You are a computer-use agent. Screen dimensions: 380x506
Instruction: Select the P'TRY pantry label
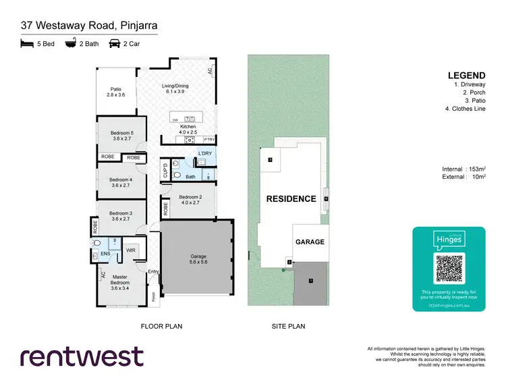[x=209, y=140]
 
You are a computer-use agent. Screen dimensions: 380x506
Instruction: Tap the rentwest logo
[x=82, y=356]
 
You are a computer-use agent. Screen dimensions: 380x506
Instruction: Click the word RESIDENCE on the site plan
[x=291, y=198]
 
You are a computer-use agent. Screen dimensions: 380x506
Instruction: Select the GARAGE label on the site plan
[x=310, y=242]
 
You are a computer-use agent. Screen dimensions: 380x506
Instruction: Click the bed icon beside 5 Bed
[x=26, y=43]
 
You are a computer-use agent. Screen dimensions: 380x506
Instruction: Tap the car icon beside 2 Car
[x=114, y=43]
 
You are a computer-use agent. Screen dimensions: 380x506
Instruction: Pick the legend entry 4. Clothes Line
[x=465, y=109]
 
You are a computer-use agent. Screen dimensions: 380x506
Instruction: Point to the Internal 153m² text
[x=462, y=169]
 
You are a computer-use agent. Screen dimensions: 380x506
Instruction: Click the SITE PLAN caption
[x=288, y=326]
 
